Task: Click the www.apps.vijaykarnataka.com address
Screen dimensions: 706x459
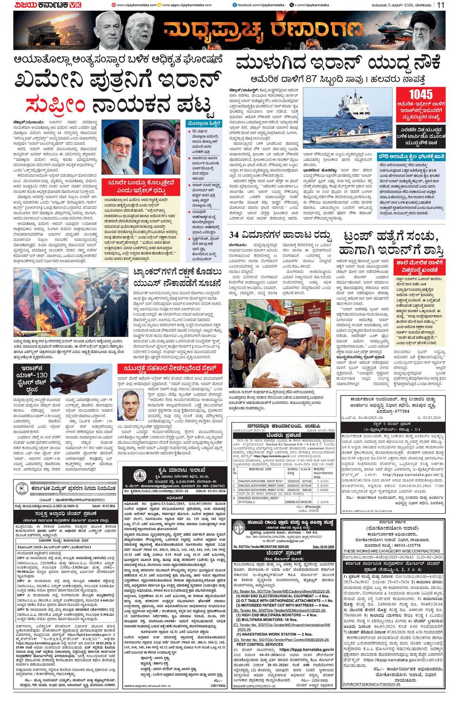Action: click(183, 5)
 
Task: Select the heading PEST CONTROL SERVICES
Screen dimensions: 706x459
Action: click(260, 644)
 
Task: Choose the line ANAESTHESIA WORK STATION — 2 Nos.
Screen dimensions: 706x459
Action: click(277, 634)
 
